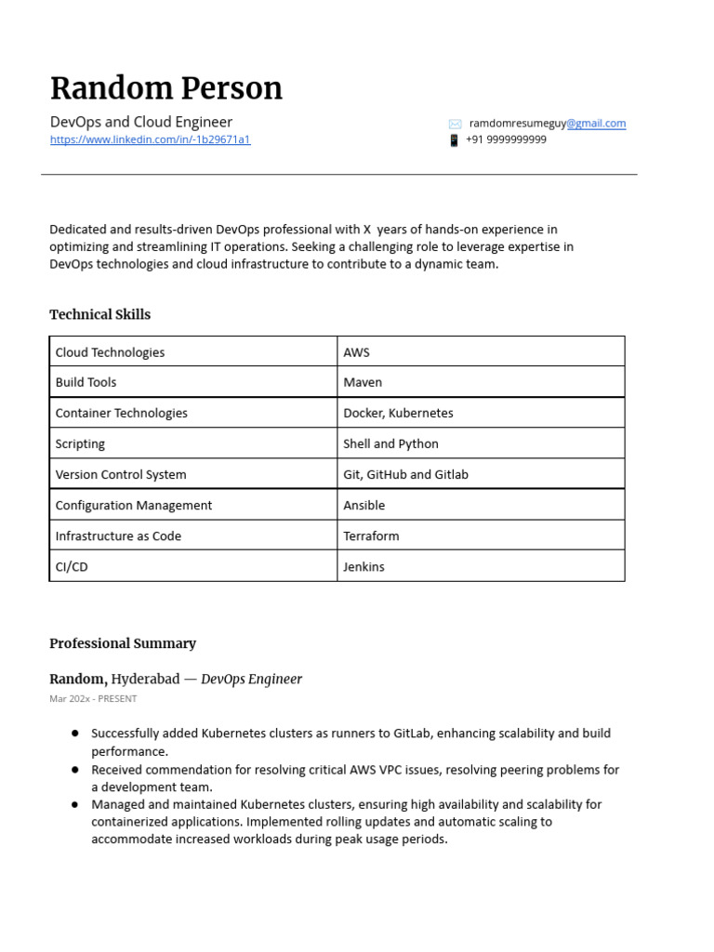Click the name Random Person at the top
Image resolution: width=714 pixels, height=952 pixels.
(165, 88)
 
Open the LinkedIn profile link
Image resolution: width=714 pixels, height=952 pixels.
(150, 139)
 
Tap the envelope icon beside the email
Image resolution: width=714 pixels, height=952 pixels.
(455, 124)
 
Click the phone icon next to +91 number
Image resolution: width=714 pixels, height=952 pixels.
(454, 140)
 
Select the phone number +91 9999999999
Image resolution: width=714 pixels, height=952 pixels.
(506, 139)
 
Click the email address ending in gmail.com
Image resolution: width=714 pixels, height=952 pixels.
(548, 123)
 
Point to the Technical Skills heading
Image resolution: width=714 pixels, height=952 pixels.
(99, 314)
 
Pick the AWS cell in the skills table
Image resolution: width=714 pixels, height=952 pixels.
(356, 352)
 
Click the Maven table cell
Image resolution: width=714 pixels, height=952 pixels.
(363, 382)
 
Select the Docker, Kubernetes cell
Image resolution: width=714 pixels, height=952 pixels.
(398, 413)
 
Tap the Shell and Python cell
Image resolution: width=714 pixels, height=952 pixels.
(390, 443)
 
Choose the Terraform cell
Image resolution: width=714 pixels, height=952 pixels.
(371, 535)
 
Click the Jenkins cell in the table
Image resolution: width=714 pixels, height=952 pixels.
(364, 566)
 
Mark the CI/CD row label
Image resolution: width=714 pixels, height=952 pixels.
(72, 566)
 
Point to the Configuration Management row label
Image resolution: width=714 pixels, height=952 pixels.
(134, 505)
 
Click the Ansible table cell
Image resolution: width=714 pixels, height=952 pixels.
(364, 505)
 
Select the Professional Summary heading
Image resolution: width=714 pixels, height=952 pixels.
(123, 643)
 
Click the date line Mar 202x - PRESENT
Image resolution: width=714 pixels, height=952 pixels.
(93, 698)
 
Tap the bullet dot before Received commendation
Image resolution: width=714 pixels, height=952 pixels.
(74, 770)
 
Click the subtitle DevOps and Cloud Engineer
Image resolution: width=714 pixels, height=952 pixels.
(140, 122)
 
